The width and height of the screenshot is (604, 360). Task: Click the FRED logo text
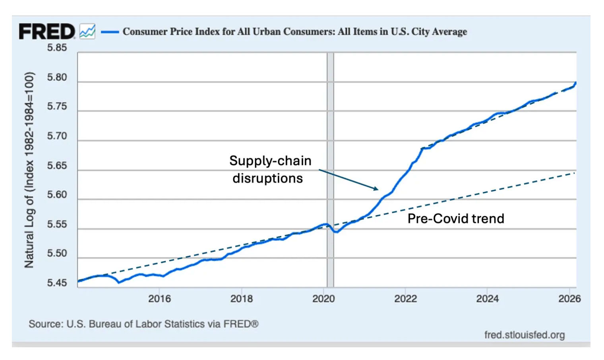pos(46,31)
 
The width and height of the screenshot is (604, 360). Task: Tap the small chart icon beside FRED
pos(87,31)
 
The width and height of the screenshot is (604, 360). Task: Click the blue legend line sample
pos(110,32)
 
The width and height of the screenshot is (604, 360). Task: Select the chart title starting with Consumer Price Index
pos(294,31)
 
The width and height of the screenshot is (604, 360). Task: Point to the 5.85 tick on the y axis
pos(57,48)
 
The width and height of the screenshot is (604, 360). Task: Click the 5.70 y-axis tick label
pos(57,136)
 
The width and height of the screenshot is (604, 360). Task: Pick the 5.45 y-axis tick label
pos(57,283)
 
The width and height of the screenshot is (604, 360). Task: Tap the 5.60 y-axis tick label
pos(57,195)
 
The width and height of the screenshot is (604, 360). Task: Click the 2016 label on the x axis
pos(159,299)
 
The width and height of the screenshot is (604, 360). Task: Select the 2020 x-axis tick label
pos(323,299)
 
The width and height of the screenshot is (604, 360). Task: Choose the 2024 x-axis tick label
pos(488,299)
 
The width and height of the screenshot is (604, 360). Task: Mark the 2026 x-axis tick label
pos(569,299)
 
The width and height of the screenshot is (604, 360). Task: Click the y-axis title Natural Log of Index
pos(29,170)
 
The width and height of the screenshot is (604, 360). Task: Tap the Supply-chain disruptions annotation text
pos(270,169)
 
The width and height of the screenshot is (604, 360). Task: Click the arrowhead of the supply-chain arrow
pos(376,189)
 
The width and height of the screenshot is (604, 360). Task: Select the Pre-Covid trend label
pos(456,219)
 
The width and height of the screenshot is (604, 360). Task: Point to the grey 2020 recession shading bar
pos(330,119)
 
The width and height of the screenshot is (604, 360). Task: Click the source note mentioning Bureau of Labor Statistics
pos(143,324)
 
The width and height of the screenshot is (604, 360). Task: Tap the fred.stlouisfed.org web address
pos(524,335)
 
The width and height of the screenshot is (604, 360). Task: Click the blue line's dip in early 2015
pos(119,282)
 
